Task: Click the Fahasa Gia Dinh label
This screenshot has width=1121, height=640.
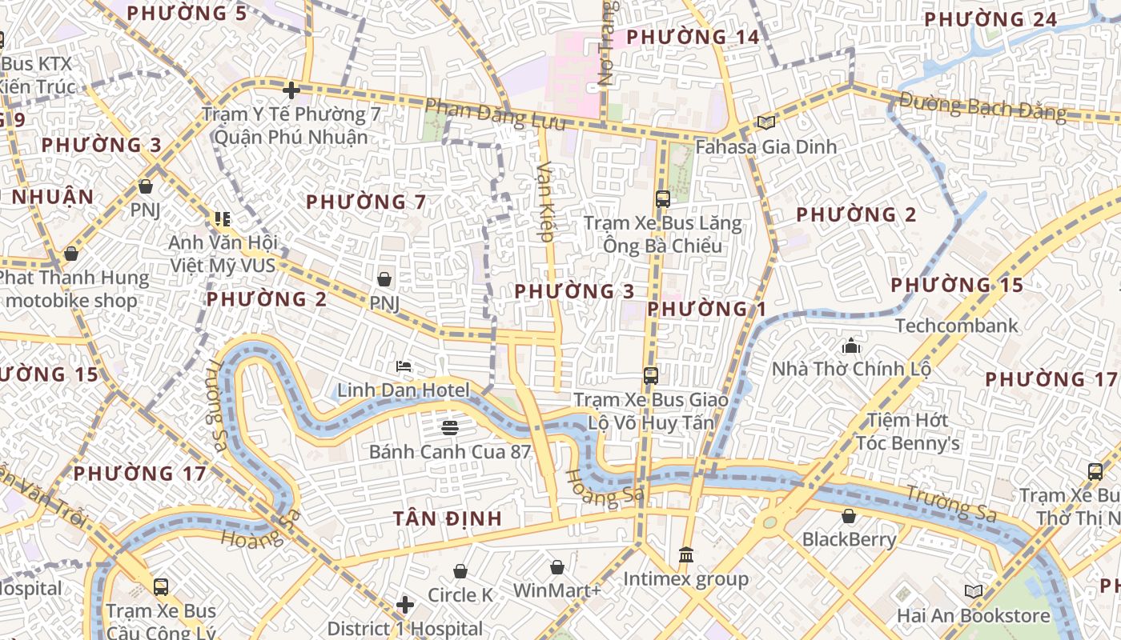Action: coord(765,147)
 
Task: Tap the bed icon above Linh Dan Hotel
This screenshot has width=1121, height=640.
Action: coord(404,366)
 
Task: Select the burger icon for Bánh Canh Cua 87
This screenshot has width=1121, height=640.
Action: coord(449,427)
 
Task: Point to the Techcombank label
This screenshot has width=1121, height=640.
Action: coord(956,326)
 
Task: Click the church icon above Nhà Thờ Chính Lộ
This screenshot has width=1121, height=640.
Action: coord(850,346)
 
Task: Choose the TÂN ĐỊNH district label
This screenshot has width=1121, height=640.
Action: coord(448,518)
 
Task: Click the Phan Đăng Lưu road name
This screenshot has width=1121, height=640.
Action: coord(495,114)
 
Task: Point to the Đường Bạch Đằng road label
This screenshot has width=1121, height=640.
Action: coord(982,106)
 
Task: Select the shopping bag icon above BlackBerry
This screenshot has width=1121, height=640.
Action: coord(849,516)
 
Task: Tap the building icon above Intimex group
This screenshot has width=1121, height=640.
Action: coord(685,554)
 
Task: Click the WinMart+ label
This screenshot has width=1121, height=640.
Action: coord(557,591)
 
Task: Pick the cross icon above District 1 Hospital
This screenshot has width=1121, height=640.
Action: coord(405,604)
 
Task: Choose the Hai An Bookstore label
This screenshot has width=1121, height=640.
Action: coord(973,615)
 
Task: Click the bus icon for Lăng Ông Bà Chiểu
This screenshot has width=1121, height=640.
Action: coord(663,198)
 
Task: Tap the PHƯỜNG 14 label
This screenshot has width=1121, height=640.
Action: coord(693,37)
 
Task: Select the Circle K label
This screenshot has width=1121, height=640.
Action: coord(460,595)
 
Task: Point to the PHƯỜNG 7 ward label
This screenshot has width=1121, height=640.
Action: coord(366,202)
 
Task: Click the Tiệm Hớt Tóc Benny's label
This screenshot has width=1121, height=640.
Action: coord(908,431)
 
